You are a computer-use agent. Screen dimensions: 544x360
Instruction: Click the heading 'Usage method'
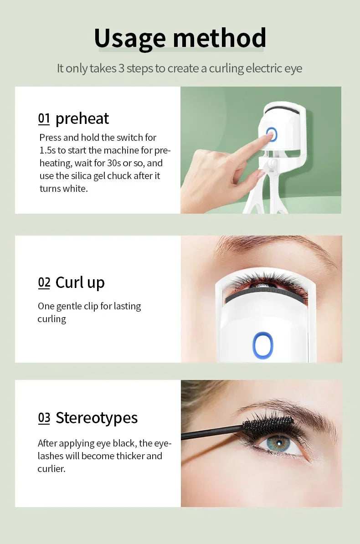(180, 38)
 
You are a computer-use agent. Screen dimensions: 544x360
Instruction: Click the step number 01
(44, 119)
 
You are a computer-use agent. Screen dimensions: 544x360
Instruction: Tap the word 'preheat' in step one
(82, 118)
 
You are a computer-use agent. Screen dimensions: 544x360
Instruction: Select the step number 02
(44, 283)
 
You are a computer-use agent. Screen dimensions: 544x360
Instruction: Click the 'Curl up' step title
(80, 283)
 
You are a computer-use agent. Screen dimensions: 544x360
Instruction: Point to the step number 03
(44, 418)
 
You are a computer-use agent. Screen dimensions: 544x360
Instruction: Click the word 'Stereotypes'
(97, 418)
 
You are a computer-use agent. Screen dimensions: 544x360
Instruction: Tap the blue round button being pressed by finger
(272, 134)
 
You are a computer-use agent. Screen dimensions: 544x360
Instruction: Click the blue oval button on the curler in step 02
(263, 344)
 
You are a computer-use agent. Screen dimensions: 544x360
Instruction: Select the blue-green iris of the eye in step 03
(278, 442)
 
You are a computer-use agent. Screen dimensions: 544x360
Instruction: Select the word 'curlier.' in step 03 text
(51, 468)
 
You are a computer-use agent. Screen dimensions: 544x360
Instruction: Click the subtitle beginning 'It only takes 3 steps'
(180, 69)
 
